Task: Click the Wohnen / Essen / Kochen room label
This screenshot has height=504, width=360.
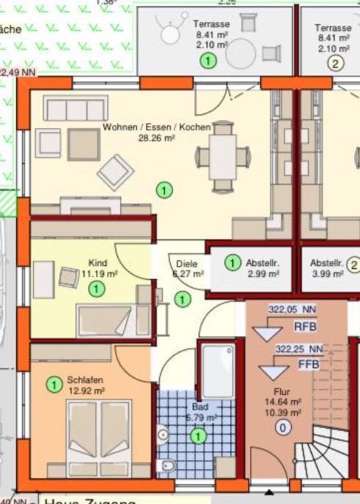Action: pos(156,127)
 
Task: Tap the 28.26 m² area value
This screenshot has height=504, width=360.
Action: pos(156,137)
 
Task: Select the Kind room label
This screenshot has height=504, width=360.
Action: pos(98,263)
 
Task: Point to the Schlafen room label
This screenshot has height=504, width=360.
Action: pos(84,381)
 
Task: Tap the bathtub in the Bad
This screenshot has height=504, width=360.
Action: pos(218,372)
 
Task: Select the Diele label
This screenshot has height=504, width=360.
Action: pos(187,264)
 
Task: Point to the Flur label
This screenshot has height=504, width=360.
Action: pos(282,391)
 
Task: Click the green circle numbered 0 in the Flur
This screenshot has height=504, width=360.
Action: pos(282,428)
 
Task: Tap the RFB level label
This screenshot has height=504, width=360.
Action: pos(305,326)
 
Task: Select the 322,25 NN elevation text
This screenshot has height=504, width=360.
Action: pos(298,349)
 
